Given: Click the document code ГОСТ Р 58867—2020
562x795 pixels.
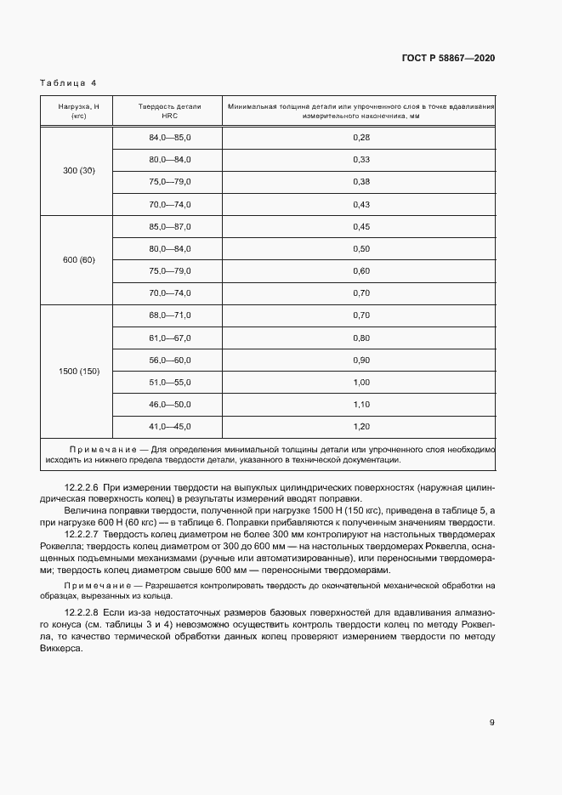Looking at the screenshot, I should point(448,58).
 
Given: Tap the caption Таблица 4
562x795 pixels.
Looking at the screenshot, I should point(68,83).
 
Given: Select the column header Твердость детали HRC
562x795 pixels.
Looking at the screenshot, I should point(169,111).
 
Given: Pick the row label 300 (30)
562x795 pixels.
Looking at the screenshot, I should point(79,171).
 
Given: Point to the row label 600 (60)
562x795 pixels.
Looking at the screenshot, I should point(79,259).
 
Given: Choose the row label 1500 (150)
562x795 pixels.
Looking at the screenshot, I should point(79,371).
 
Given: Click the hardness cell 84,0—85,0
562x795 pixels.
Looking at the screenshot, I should point(170,138).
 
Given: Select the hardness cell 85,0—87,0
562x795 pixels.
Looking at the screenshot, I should point(170,227).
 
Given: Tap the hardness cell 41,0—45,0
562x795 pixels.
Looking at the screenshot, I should point(170,426).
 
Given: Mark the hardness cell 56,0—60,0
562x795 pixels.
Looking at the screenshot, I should point(170,360).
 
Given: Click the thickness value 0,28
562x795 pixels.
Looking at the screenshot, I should point(360,138).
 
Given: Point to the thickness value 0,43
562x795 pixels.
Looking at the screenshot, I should point(360,204).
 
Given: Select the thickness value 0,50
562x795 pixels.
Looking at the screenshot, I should point(360,249).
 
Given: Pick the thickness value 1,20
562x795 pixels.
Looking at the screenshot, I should point(360,426).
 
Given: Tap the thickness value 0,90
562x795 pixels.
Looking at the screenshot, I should point(360,360).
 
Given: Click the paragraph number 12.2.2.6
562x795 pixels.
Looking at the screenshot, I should point(82,489).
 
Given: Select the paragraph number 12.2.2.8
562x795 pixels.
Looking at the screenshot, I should point(82,612).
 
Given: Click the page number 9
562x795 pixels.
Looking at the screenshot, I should point(491,723).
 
